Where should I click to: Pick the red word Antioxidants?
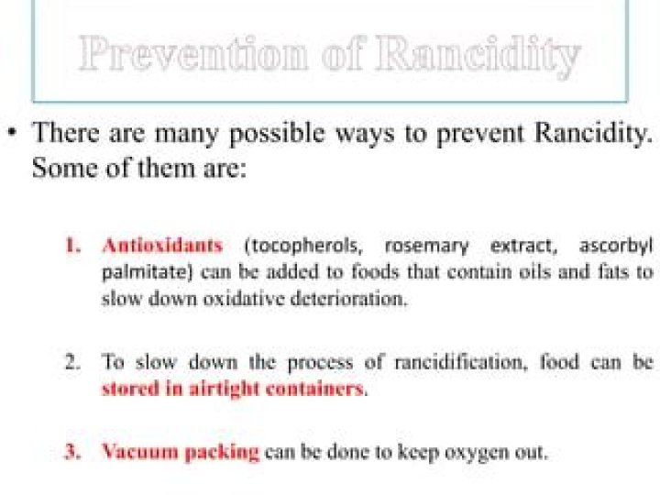162,246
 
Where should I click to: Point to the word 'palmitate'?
137,272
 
